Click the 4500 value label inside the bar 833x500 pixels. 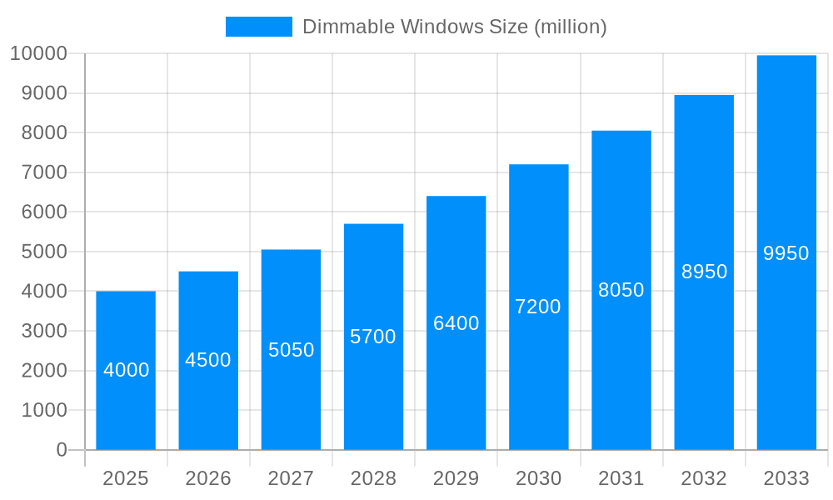pyautogui.click(x=208, y=360)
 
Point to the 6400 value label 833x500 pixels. pyautogui.click(x=456, y=323)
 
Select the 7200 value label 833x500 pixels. pyautogui.click(x=538, y=307)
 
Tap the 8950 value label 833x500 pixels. pyautogui.click(x=704, y=272)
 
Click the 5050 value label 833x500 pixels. pyautogui.click(x=292, y=350)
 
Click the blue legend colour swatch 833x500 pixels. pyautogui.click(x=259, y=27)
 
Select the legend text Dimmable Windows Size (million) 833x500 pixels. pyautogui.click(x=454, y=27)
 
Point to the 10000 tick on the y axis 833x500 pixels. pyautogui.click(x=38, y=54)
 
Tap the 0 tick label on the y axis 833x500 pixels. pyautogui.click(x=62, y=450)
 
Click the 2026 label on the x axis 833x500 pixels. pyautogui.click(x=208, y=478)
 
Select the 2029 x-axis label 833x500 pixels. pyautogui.click(x=456, y=478)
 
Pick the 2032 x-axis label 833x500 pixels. pyautogui.click(x=704, y=478)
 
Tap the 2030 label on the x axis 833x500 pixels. pyautogui.click(x=538, y=478)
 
